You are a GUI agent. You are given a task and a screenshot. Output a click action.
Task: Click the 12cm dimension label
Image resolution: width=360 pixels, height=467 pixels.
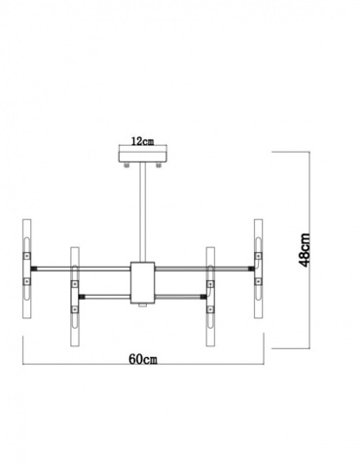pyautogui.click(x=143, y=140)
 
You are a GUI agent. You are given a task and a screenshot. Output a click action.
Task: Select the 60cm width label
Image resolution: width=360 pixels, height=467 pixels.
pyautogui.click(x=143, y=358)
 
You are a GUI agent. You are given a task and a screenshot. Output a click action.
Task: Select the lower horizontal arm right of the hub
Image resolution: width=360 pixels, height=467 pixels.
pyautogui.click(x=181, y=291)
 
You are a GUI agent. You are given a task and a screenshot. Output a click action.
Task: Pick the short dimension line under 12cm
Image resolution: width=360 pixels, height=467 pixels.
pyautogui.click(x=143, y=148)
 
